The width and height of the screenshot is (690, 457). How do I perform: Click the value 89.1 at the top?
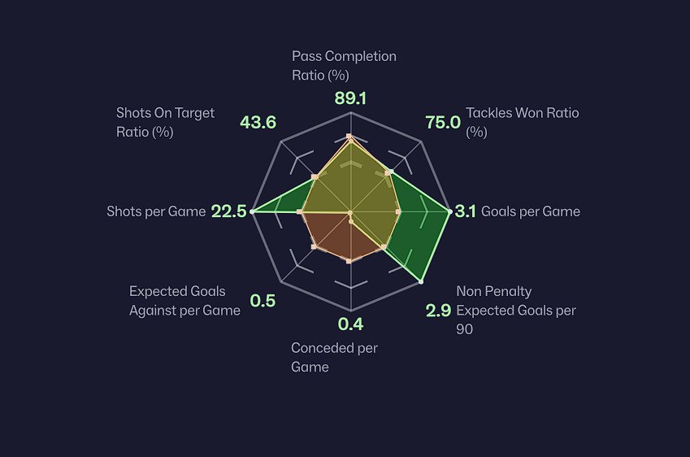[350, 98]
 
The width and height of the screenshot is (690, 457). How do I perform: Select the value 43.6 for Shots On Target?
[258, 123]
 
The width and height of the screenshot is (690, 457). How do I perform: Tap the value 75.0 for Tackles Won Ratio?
[443, 123]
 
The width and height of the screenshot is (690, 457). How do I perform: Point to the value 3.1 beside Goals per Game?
[466, 211]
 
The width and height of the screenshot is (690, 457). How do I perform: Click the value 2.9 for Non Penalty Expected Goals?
[439, 310]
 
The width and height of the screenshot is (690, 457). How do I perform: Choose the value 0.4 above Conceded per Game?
[350, 325]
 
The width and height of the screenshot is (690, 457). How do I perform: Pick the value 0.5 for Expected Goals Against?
[263, 301]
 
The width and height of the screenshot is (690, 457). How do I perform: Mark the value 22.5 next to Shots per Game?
[228, 211]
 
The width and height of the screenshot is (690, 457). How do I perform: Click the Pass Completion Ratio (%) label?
[344, 66]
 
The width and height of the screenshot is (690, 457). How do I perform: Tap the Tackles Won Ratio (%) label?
[522, 122]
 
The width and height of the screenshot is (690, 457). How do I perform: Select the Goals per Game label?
[531, 211]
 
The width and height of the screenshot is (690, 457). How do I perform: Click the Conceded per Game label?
[334, 358]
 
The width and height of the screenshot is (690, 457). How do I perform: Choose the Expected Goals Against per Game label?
[184, 301]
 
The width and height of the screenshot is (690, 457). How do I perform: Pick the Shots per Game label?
[156, 211]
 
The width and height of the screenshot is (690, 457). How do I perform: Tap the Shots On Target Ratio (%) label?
[165, 122]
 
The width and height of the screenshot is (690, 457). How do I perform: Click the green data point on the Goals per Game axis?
[449, 211]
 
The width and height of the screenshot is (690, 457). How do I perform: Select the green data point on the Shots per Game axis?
[252, 211]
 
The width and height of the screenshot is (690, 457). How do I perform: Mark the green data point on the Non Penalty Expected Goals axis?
[421, 281]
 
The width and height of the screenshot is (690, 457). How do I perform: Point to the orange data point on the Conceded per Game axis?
[349, 261]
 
